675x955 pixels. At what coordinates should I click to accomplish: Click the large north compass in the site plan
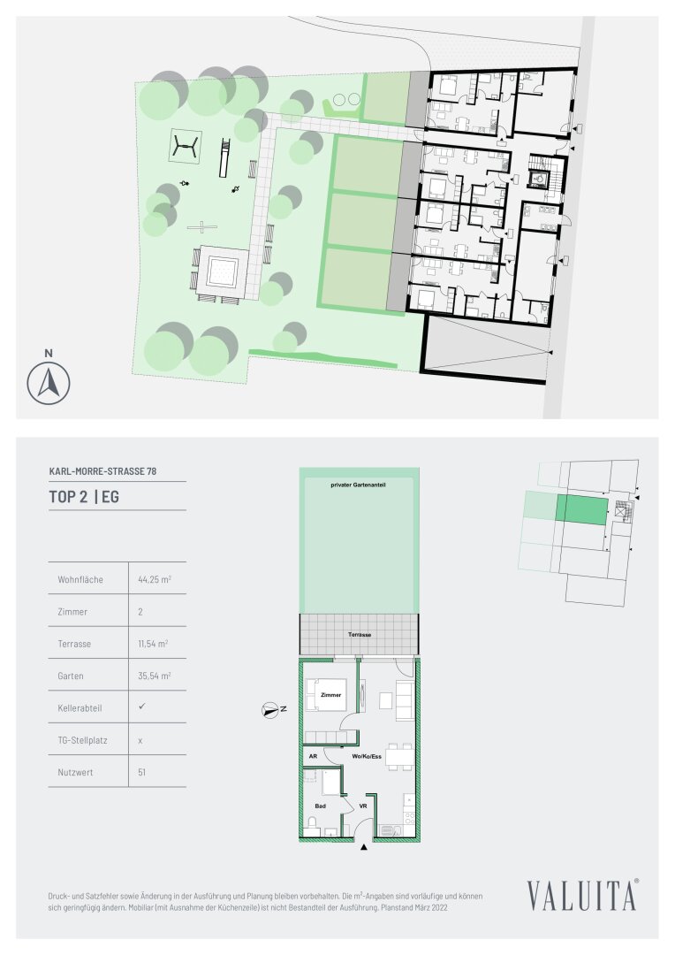[49, 383]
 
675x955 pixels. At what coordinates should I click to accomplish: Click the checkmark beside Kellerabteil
[142, 707]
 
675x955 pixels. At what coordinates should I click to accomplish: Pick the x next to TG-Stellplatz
[140, 741]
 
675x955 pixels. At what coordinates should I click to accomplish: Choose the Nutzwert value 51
[142, 772]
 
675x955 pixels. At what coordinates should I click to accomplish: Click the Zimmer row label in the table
[72, 612]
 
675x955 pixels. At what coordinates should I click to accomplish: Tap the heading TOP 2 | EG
[84, 497]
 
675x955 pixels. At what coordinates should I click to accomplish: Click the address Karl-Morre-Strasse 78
[102, 470]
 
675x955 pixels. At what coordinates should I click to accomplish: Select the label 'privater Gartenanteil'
[358, 485]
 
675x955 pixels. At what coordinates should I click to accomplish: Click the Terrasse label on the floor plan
[360, 635]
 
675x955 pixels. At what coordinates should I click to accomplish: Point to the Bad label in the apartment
[320, 806]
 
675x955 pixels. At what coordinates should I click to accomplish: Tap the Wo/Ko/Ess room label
[367, 756]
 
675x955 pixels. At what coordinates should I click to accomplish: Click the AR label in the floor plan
[313, 756]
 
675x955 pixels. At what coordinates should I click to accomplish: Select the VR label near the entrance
[363, 806]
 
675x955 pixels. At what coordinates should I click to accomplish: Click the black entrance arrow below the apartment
[364, 846]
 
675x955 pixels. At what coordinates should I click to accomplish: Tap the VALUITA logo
[582, 894]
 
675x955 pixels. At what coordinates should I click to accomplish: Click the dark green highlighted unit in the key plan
[582, 510]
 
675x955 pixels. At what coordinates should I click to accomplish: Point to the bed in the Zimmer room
[326, 694]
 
